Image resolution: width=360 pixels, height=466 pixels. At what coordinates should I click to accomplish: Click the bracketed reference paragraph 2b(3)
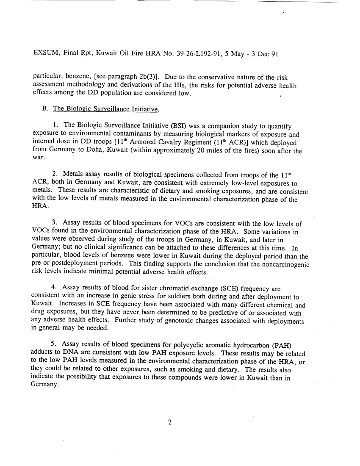point(130,78)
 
